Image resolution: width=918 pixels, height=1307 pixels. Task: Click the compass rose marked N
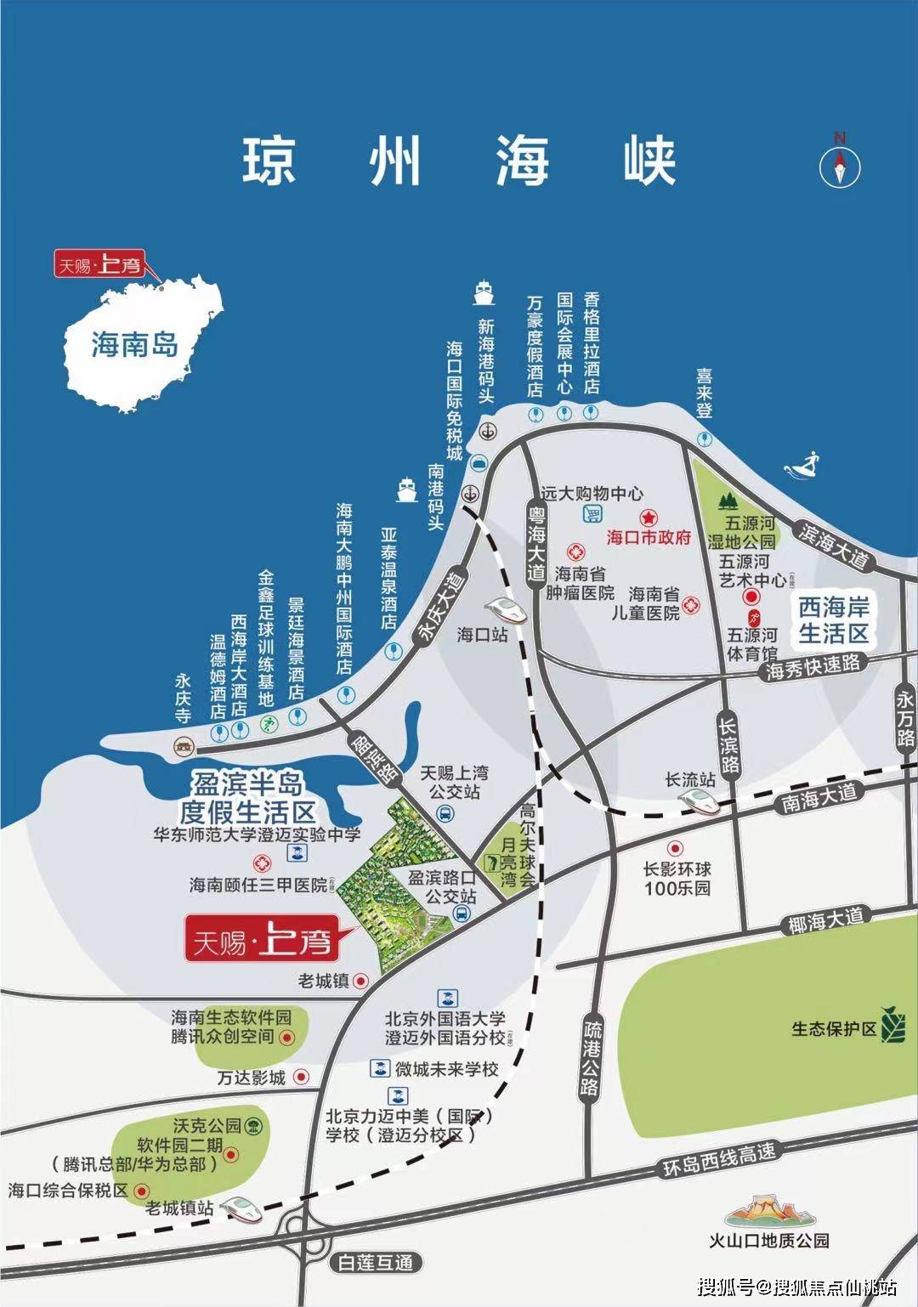coord(839,161)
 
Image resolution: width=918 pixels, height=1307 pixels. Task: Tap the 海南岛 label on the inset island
coord(134,344)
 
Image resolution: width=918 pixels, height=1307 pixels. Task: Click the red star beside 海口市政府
coord(648,517)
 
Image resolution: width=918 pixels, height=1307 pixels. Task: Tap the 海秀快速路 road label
coord(813,665)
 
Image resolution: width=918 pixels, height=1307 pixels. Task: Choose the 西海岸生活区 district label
coord(833,620)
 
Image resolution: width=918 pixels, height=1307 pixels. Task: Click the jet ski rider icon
coord(809,465)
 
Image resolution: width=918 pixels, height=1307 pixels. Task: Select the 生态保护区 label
coord(834,1028)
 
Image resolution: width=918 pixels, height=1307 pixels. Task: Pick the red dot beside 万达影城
coord(300,1077)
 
